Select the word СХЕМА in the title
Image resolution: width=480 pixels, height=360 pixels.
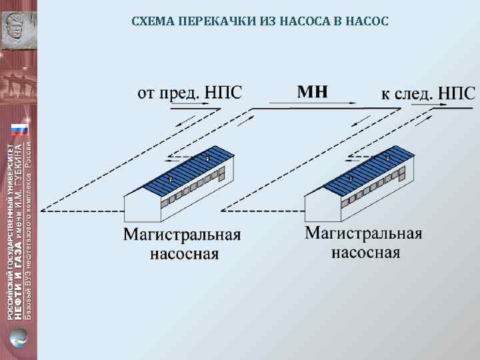point(152,21)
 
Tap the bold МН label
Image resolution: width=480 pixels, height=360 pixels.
point(312,91)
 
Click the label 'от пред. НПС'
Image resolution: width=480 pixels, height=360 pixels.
point(189,92)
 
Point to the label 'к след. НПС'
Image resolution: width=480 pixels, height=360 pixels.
point(427,93)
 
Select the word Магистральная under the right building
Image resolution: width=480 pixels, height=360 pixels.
point(364,233)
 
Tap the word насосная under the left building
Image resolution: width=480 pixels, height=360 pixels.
point(184,253)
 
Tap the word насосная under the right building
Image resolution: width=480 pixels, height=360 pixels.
point(366,252)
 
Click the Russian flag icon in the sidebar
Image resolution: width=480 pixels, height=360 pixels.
point(19,129)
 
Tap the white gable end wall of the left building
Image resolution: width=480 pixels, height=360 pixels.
point(142,207)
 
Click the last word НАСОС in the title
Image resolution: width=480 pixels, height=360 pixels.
point(367,21)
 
